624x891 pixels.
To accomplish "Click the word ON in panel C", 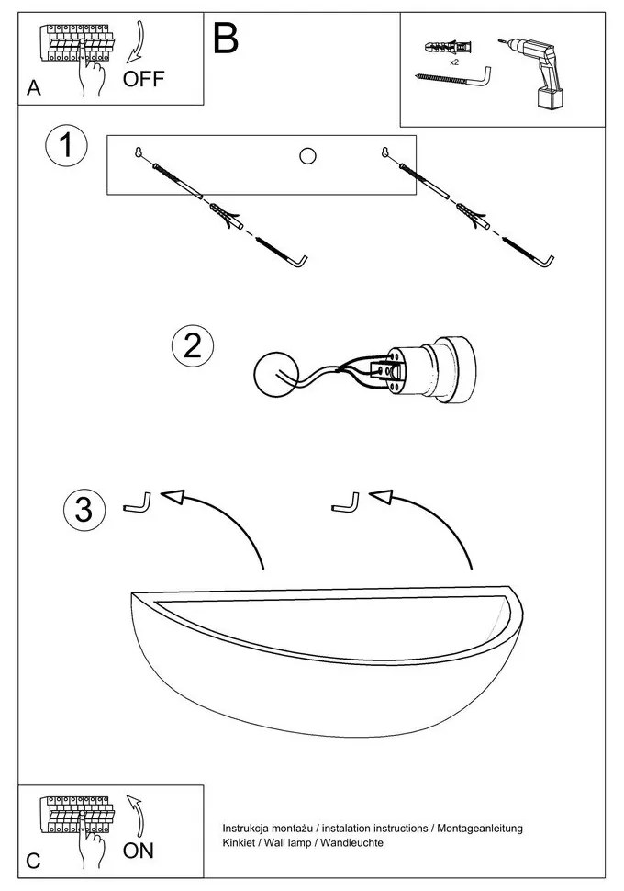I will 139,850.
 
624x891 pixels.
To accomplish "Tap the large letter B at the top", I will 225,39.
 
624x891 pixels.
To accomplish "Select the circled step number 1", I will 66,147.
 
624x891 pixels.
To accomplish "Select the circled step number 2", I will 193,345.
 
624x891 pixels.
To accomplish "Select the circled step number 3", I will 84,509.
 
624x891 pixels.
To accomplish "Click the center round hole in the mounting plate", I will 307,156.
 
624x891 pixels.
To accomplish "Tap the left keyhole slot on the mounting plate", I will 138,152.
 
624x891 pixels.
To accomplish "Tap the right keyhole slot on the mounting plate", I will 384,152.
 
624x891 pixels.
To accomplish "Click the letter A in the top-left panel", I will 34,88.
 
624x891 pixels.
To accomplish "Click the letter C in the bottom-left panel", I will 34,861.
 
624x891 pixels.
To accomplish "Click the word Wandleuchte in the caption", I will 351,842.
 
